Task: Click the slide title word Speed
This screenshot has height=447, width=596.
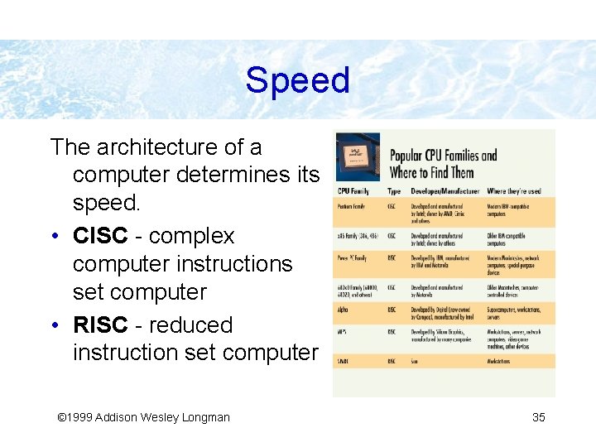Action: click(x=297, y=81)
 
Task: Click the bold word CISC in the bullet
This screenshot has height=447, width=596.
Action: click(x=100, y=236)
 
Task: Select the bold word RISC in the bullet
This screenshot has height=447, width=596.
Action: click(x=100, y=324)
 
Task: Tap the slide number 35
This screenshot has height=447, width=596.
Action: click(x=538, y=417)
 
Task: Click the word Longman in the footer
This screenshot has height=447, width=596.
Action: click(x=204, y=417)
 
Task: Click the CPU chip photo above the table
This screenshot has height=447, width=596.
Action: click(x=358, y=156)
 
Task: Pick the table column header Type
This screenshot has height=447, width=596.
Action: click(x=394, y=191)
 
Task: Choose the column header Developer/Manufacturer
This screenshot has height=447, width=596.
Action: click(x=445, y=191)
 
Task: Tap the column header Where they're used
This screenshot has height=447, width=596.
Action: click(x=514, y=191)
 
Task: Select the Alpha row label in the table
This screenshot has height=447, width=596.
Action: click(x=343, y=310)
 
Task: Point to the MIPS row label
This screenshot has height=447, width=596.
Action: click(x=342, y=332)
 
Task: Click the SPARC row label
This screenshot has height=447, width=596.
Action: click(x=344, y=361)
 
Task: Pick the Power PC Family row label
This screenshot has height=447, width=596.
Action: click(x=353, y=258)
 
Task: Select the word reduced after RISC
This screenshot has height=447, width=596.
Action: click(x=199, y=324)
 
